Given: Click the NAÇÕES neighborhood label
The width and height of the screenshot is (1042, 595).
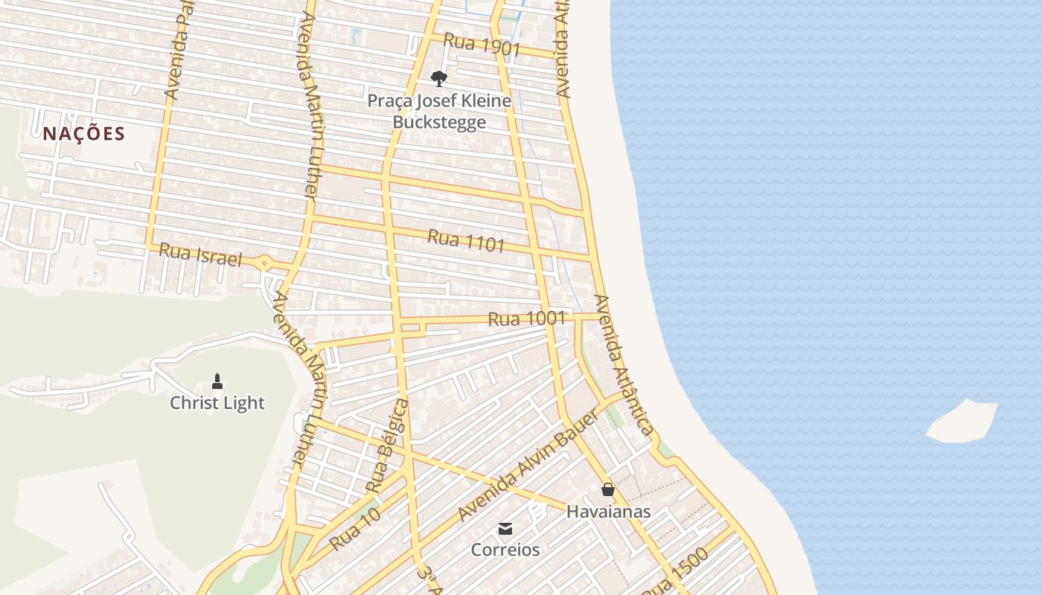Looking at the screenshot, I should [x=83, y=134].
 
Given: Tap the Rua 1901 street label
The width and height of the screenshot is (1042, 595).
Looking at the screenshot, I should [x=482, y=45].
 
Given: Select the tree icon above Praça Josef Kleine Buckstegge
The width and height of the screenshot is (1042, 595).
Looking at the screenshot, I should [x=439, y=78].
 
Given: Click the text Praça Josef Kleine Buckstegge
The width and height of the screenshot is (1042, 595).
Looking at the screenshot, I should [x=439, y=111].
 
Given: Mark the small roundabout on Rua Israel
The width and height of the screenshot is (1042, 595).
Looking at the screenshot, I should [x=264, y=263].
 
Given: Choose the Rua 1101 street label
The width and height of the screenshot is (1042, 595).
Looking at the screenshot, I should [x=466, y=240].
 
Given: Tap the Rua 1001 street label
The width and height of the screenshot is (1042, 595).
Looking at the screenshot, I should [x=527, y=319].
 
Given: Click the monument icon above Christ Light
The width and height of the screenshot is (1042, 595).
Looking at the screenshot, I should [x=217, y=382].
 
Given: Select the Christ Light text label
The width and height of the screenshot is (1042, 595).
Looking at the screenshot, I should [x=217, y=403].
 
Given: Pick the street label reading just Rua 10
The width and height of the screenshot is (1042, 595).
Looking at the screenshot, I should [x=355, y=529].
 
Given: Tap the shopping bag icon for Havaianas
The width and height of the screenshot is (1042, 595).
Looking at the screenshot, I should [x=608, y=489].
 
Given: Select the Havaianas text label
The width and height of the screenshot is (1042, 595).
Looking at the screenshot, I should [x=608, y=512].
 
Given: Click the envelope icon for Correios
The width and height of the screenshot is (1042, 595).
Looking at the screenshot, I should [x=505, y=529].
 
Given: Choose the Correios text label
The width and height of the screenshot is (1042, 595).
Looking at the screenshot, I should [x=505, y=550].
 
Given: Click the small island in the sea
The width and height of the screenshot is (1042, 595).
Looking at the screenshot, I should [x=962, y=422].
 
